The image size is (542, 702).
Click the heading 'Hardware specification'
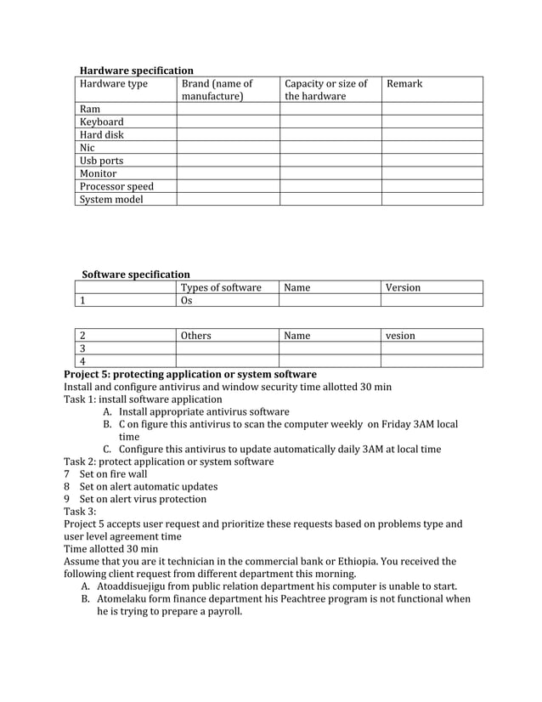click(136, 71)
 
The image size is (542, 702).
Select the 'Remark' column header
click(404, 83)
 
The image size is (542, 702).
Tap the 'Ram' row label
click(89, 110)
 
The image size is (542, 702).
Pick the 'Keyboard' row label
click(101, 122)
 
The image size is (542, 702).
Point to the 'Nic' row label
click(87, 148)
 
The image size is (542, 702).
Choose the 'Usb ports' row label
click(101, 161)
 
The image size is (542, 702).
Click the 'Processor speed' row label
click(116, 186)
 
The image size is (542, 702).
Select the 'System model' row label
click(111, 200)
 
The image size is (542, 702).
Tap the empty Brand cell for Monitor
click(228, 173)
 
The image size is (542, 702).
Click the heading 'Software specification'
click(136, 275)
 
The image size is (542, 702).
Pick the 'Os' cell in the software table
click(187, 300)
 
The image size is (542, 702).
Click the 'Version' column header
click(403, 287)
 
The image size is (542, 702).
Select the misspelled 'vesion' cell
click(400, 336)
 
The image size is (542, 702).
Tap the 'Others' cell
click(196, 336)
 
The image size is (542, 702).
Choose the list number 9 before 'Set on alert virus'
click(68, 499)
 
